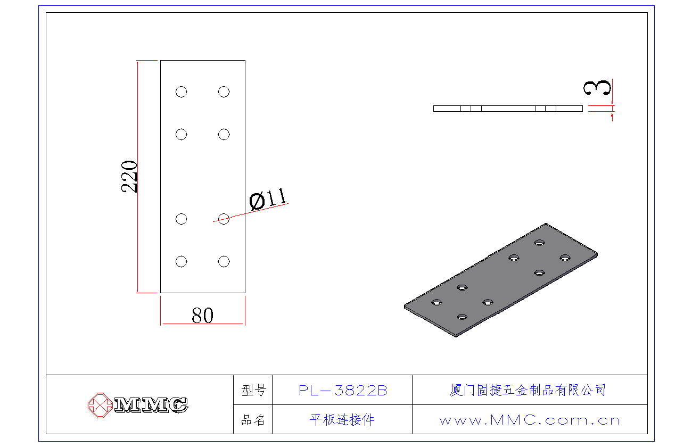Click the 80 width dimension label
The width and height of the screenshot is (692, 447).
coord(202,316)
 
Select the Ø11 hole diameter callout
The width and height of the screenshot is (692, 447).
coord(268,199)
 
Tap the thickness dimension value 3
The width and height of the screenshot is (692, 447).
coord(597,88)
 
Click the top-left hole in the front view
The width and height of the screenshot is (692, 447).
coord(181,92)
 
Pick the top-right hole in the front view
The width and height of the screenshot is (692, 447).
coord(224,92)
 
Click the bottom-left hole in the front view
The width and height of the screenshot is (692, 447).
coord(181,261)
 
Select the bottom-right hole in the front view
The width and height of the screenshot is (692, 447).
coord(224,261)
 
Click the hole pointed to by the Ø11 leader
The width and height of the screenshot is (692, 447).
coord(224,219)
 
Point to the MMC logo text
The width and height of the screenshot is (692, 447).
coord(151,405)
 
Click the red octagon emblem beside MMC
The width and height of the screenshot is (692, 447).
coord(99,405)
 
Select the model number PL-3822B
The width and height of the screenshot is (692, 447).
coord(342,391)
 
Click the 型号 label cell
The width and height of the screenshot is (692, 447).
coord(253,391)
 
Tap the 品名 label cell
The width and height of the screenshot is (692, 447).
coord(253,420)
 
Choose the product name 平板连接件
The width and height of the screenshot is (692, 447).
coord(342,420)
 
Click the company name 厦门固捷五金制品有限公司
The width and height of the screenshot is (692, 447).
coord(528,390)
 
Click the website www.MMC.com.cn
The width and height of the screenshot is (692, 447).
coord(530,420)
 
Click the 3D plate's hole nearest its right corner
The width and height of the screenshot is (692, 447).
coord(565,258)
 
